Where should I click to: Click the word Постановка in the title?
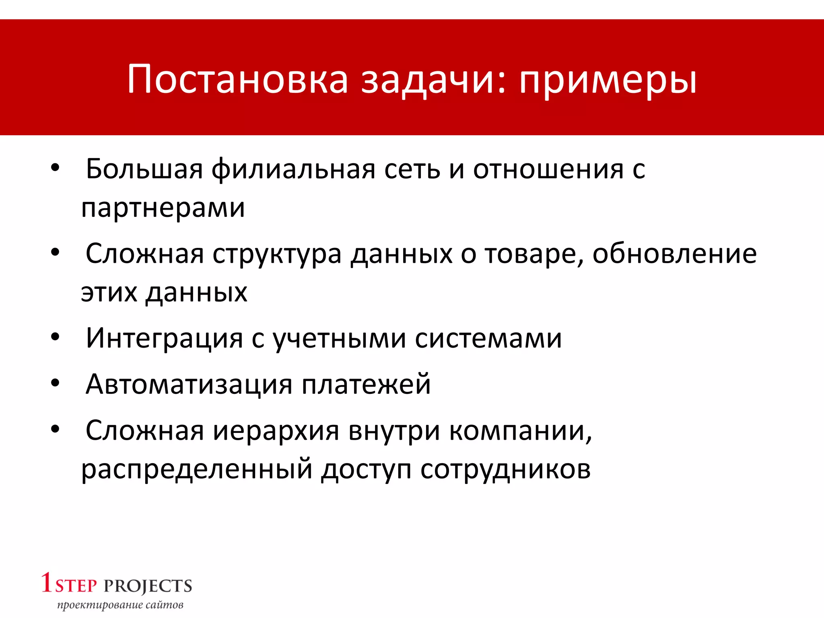[237, 79]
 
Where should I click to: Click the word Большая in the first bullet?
[144, 169]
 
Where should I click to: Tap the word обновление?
[674, 254]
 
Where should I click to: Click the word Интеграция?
[164, 338]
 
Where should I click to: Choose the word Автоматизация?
[189, 384]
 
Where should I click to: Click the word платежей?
[366, 384]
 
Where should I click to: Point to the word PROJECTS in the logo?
[148, 586]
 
